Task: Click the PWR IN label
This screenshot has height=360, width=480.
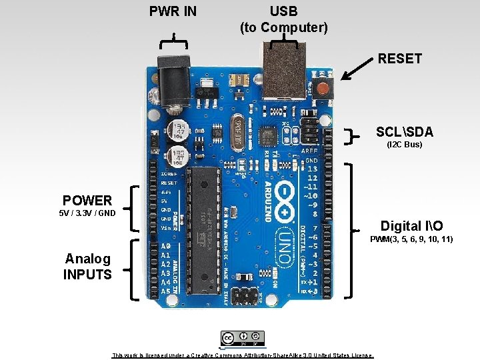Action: tap(173, 11)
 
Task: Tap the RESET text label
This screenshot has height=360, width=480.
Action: tap(399, 59)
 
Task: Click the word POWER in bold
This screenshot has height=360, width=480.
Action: tap(87, 200)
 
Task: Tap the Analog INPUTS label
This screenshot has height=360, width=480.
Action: tap(87, 266)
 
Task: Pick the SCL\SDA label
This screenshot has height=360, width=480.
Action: tap(404, 132)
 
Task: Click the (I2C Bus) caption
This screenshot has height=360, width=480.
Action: tap(405, 144)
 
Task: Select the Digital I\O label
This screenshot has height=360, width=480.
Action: tap(411, 226)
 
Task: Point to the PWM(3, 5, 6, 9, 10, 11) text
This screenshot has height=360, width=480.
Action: tap(411, 239)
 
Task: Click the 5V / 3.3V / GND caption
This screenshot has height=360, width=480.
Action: tap(87, 213)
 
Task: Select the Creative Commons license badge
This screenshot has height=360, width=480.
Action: tap(243, 338)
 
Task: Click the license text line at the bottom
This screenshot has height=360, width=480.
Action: tap(243, 355)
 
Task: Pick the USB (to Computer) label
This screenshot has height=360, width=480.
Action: tap(283, 19)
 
